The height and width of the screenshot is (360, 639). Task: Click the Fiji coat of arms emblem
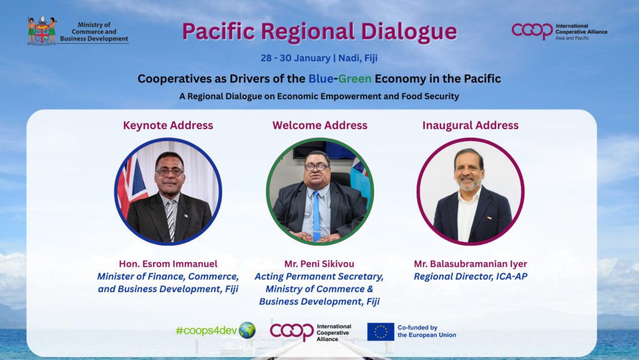(42, 31)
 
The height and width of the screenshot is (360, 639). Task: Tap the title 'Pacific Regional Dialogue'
(319, 32)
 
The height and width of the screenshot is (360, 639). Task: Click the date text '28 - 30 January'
(295, 58)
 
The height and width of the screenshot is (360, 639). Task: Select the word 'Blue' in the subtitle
(321, 79)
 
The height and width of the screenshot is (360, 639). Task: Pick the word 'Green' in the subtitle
(354, 79)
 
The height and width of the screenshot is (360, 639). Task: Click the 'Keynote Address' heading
(168, 125)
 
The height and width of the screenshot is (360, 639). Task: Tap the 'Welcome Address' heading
(320, 125)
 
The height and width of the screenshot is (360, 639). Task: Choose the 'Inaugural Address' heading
(471, 125)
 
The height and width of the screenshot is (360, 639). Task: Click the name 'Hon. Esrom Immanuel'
(168, 264)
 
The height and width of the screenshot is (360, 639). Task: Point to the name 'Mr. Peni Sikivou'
(319, 264)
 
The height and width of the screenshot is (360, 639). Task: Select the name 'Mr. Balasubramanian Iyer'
(471, 265)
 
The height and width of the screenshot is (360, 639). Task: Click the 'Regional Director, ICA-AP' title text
(471, 276)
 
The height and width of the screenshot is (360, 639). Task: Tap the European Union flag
(381, 331)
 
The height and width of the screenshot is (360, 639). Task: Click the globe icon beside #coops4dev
(247, 330)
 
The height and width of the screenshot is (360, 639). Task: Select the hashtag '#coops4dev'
(206, 331)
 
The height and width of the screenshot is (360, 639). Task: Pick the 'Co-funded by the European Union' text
(427, 331)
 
